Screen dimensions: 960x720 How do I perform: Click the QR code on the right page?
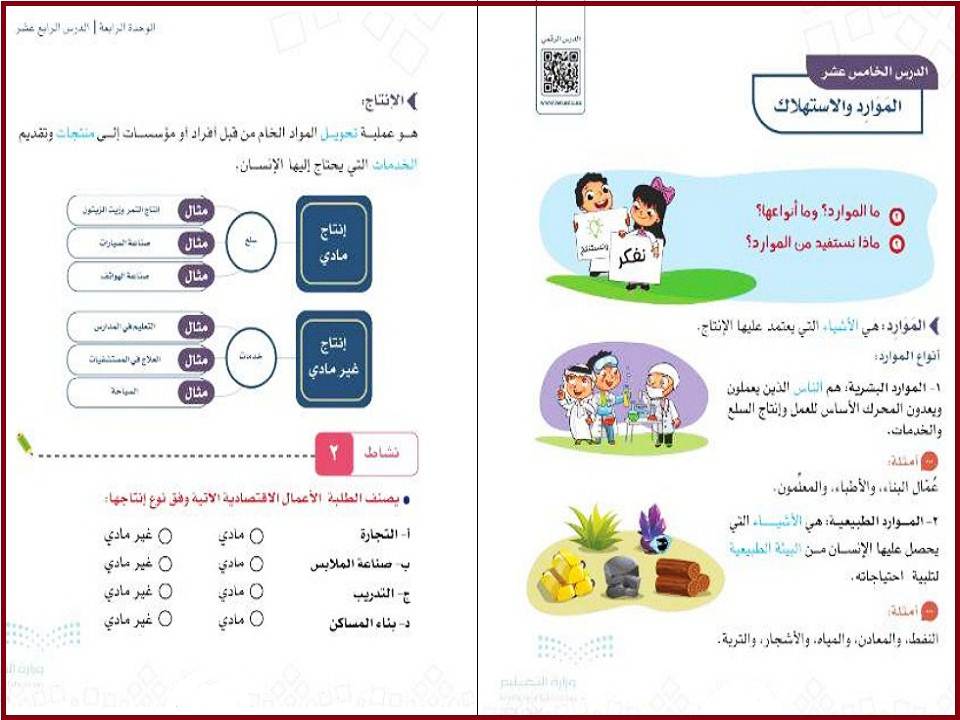[x=560, y=70]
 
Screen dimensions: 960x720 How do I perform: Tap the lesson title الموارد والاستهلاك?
[x=845, y=107]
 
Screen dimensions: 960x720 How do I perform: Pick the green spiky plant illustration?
[x=594, y=527]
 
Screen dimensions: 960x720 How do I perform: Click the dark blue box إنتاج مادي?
[x=334, y=243]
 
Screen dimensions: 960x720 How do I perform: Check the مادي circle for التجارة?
[x=256, y=536]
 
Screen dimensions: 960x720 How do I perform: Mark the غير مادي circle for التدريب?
[x=165, y=592]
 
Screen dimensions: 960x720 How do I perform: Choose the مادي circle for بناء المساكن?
[x=256, y=620]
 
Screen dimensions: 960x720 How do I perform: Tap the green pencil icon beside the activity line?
[x=24, y=443]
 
